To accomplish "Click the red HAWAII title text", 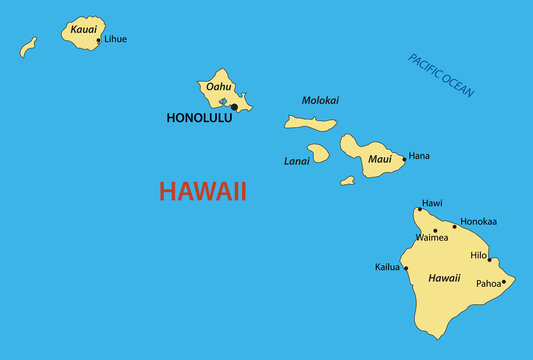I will pos(203,191).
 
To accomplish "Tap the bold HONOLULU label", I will pos(199,118).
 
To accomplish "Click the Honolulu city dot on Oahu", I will pos(234,107).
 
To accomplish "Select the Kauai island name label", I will pos(84,30).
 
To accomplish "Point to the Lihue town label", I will pos(115,39).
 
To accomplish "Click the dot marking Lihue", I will pos(98,41).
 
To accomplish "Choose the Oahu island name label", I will pos(218,87).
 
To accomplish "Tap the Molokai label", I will pos(320,100).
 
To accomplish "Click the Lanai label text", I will pos(297,160).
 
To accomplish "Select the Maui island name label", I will pos(380,159).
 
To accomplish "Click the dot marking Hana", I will pos(404,158).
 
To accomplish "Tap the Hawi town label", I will pos(432,203).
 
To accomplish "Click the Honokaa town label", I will pos(477,221).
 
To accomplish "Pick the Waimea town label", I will pos(431,238).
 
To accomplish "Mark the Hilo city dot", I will pos(489,259).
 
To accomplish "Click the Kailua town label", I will pos(388,267).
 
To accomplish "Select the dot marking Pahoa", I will pos(503,282).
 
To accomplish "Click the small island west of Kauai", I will pos(28,46).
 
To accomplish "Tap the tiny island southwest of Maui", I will pos(347,181).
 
